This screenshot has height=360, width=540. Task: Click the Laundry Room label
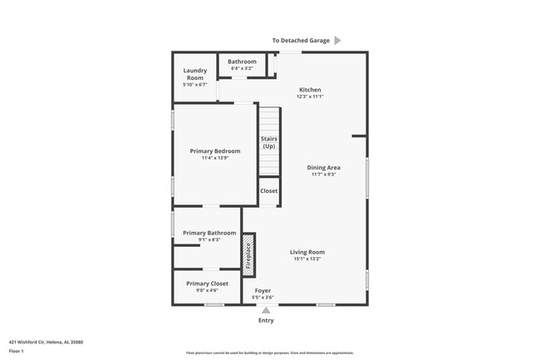pos(195,74)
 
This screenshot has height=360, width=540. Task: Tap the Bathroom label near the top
pos(242,62)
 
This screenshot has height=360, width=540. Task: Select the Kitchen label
pos(309,90)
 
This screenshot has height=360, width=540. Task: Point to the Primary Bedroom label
pos(215,150)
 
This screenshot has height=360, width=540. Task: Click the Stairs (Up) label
pos(268,142)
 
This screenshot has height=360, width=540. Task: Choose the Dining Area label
pos(323,167)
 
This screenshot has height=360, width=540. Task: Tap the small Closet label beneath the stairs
pos(269,191)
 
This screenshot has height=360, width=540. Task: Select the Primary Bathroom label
pos(209,233)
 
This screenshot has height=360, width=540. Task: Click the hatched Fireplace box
pos(248,254)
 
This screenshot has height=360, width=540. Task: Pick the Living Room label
pos(307,252)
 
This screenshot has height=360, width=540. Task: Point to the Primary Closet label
pos(207,284)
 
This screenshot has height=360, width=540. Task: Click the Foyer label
pos(263,291)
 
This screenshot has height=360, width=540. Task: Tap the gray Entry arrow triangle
pos(266,310)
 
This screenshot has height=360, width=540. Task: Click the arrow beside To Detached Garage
pos(337,40)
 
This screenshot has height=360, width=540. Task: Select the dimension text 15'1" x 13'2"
pos(307,259)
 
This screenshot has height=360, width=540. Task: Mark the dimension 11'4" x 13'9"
pos(215,158)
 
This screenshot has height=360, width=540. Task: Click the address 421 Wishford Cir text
pos(46,342)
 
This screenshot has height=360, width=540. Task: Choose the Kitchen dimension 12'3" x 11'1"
pos(309,97)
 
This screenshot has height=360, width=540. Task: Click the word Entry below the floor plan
pos(266,320)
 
